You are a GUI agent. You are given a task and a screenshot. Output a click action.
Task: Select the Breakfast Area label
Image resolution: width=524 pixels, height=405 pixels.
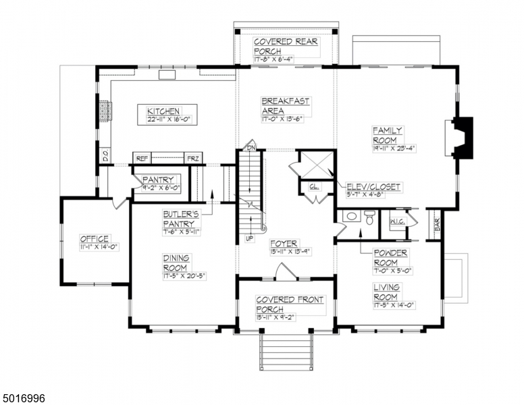pos(286,106)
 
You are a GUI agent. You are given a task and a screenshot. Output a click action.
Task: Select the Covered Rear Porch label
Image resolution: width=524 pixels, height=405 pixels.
pos(286,46)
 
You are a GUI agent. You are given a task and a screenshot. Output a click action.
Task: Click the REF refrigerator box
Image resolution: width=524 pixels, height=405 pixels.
pos(142,158)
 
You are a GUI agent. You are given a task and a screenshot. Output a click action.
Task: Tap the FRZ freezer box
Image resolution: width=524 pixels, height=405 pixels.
pos(192,158)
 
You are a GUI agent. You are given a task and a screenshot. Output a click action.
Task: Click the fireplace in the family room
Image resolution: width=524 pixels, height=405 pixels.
pos(462,138)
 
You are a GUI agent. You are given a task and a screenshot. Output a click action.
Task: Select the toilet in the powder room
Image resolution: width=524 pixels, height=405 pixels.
pos(369,217)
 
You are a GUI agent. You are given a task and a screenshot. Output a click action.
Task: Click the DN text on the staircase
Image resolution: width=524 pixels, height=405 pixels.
pos(251,146)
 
